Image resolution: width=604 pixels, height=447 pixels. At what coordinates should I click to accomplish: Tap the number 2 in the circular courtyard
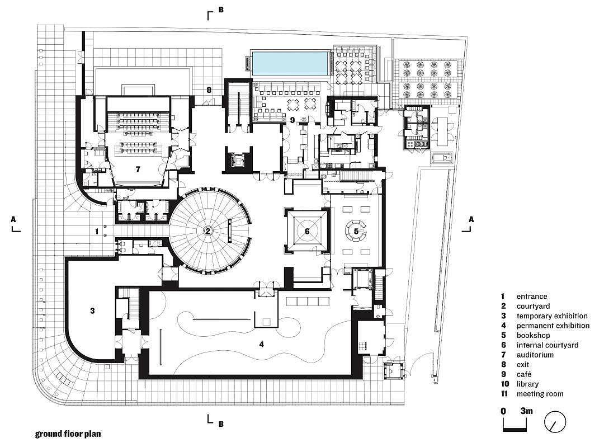click(x=207, y=230)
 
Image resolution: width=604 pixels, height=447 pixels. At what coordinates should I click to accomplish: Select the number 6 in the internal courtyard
click(x=306, y=230)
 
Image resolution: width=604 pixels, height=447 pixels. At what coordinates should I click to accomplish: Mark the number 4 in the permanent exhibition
click(x=261, y=344)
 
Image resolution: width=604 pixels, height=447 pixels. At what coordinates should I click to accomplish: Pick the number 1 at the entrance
click(x=97, y=230)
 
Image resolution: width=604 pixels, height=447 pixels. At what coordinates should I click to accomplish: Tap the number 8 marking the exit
click(x=209, y=90)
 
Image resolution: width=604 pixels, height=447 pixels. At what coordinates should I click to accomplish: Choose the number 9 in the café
click(x=292, y=119)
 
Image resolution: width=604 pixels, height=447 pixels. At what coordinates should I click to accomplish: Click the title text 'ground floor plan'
click(x=68, y=433)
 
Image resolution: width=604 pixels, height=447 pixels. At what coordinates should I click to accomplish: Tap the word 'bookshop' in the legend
click(x=533, y=335)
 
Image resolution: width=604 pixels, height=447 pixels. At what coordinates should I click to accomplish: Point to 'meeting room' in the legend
click(x=540, y=394)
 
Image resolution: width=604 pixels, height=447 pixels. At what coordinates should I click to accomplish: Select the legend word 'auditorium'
click(x=535, y=355)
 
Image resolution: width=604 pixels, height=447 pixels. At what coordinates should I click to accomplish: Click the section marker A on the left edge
click(x=14, y=220)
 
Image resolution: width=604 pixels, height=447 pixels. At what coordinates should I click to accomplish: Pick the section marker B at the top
click(x=221, y=10)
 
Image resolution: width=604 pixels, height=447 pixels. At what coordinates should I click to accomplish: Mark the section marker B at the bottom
click(x=221, y=424)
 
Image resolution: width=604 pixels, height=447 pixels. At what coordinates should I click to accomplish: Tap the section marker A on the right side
click(x=471, y=219)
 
